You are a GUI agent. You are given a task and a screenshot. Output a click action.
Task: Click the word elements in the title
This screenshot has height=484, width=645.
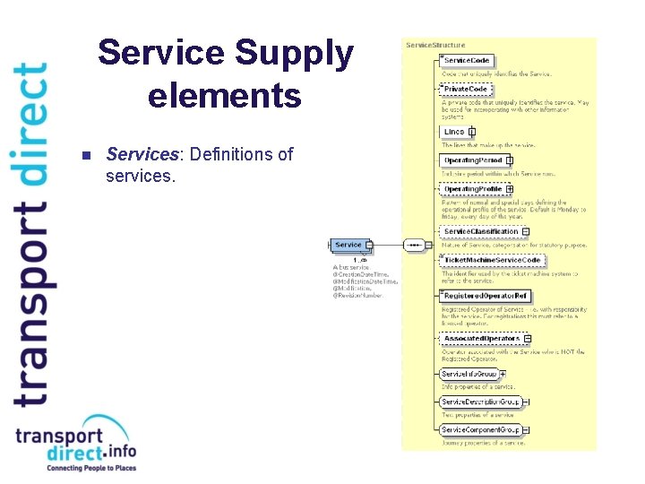[x=225, y=95]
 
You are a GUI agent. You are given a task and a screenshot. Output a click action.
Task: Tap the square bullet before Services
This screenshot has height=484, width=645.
[x=86, y=156]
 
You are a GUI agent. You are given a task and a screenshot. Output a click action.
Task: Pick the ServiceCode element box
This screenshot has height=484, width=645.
[x=466, y=62]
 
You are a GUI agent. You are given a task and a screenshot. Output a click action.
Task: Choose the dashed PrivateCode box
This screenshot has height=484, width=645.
[x=466, y=90]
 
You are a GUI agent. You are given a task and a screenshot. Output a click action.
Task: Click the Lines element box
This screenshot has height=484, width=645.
[x=455, y=132]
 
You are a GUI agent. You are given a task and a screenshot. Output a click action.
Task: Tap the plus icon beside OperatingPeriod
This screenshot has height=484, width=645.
[x=510, y=160]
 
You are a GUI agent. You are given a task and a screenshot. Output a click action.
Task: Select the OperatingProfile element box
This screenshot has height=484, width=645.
[x=472, y=189]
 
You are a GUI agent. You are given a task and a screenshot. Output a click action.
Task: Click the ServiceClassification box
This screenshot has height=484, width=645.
[x=480, y=231]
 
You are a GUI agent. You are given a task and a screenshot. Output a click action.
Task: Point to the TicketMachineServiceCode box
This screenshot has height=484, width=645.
[x=493, y=260]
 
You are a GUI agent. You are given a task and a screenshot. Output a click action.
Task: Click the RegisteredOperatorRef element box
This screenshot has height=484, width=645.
[x=486, y=295]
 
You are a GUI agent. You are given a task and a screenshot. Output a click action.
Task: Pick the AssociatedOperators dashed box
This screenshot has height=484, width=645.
[x=481, y=338]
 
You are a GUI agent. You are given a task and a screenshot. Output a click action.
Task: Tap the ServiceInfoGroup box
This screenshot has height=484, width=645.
[x=469, y=374]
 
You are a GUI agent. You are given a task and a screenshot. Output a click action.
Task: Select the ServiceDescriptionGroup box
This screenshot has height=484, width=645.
[x=480, y=402]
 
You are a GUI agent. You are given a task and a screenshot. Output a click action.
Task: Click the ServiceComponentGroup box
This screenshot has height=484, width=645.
[x=479, y=430]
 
